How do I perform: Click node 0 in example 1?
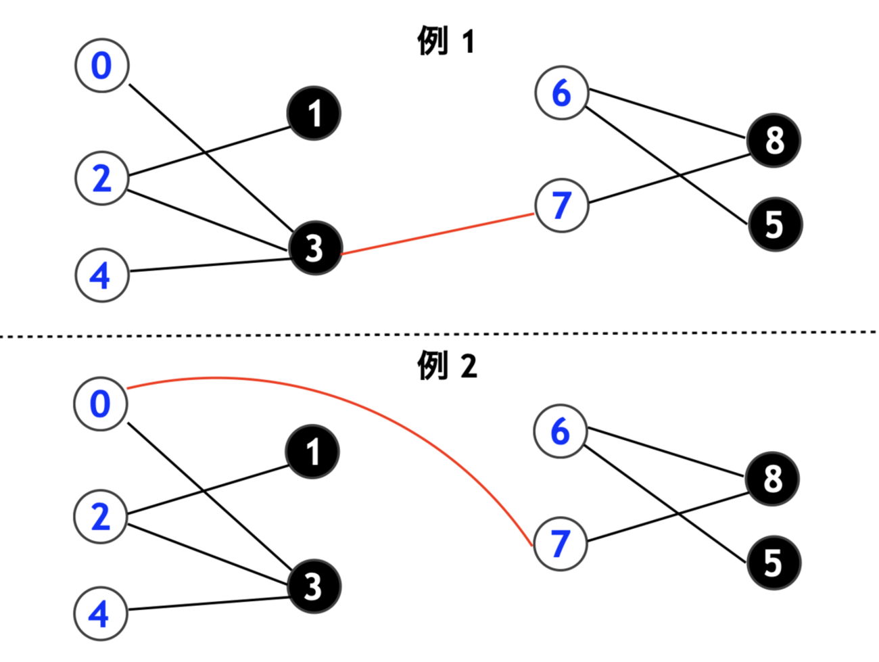(x=101, y=65)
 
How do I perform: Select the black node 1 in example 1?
(x=314, y=114)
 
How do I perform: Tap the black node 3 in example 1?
(x=314, y=248)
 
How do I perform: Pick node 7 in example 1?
(x=561, y=205)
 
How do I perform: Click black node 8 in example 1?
(x=774, y=141)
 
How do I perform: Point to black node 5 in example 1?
(x=775, y=224)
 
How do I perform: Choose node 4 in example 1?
(x=101, y=275)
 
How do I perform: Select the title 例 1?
(x=446, y=42)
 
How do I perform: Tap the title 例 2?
(x=447, y=367)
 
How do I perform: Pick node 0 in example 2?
(x=100, y=404)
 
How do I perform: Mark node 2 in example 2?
(x=100, y=517)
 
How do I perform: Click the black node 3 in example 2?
(x=313, y=586)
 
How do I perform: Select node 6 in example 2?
(x=560, y=431)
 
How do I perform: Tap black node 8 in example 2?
(x=773, y=479)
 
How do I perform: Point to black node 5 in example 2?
(x=774, y=563)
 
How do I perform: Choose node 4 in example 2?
(x=100, y=614)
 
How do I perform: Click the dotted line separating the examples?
(x=439, y=333)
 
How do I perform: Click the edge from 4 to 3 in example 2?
(x=206, y=604)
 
